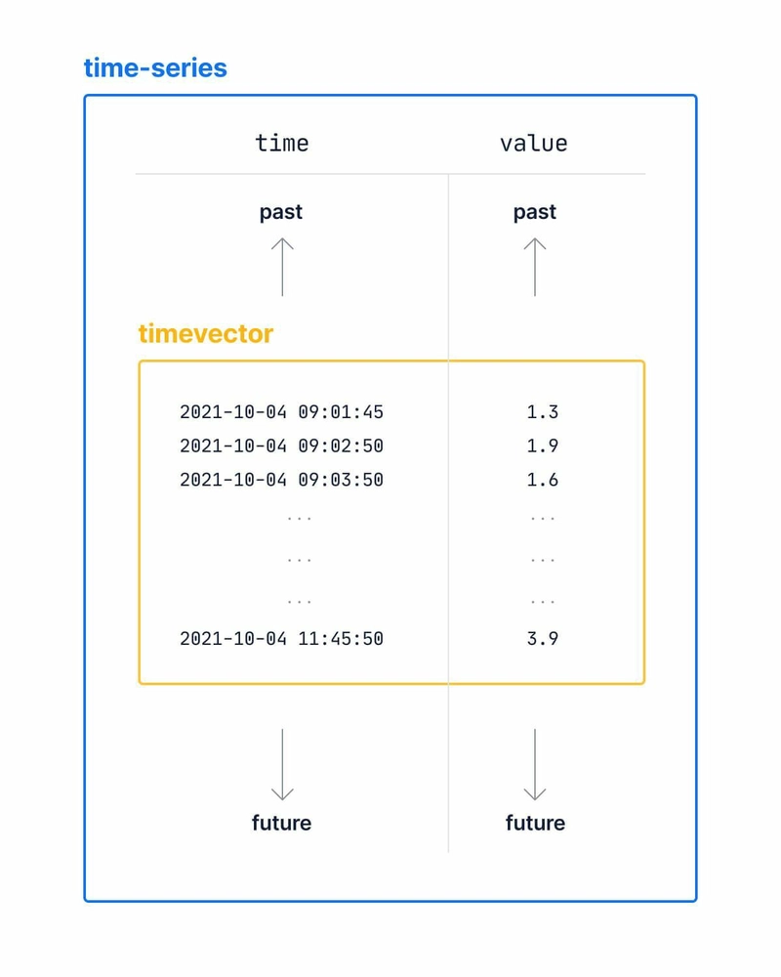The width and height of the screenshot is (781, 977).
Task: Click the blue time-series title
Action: pyautogui.click(x=155, y=68)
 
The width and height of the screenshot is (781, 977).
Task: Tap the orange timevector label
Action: pyautogui.click(x=206, y=334)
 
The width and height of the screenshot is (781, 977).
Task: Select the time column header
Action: pyautogui.click(x=281, y=144)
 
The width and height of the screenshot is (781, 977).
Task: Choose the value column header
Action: pyautogui.click(x=534, y=144)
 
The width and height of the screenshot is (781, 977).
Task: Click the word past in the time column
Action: pyautogui.click(x=281, y=212)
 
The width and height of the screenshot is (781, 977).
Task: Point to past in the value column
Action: pyautogui.click(x=534, y=212)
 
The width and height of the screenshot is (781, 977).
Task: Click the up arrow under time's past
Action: pyautogui.click(x=282, y=267)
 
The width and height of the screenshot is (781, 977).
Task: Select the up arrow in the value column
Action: pyautogui.click(x=535, y=267)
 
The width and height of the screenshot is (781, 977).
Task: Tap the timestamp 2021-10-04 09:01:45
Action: pyautogui.click(x=281, y=412)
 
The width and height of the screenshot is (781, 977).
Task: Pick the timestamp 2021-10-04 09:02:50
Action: pyautogui.click(x=281, y=446)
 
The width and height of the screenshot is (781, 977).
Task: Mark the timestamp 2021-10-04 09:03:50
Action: pyautogui.click(x=281, y=480)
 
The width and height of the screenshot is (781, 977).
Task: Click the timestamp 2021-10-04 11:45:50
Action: pyautogui.click(x=281, y=639)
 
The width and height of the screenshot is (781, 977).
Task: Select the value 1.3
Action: pyautogui.click(x=543, y=412)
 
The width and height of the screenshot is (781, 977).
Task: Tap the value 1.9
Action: pyautogui.click(x=543, y=446)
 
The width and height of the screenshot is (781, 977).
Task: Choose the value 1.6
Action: pyautogui.click(x=543, y=480)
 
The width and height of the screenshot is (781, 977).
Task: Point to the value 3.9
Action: pyautogui.click(x=543, y=639)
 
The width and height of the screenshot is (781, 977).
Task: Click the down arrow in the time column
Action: pyautogui.click(x=282, y=765)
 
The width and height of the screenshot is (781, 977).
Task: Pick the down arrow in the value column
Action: pyautogui.click(x=535, y=765)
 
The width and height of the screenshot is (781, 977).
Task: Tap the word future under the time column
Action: pyautogui.click(x=281, y=823)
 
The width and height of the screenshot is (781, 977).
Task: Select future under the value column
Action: pyautogui.click(x=535, y=823)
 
